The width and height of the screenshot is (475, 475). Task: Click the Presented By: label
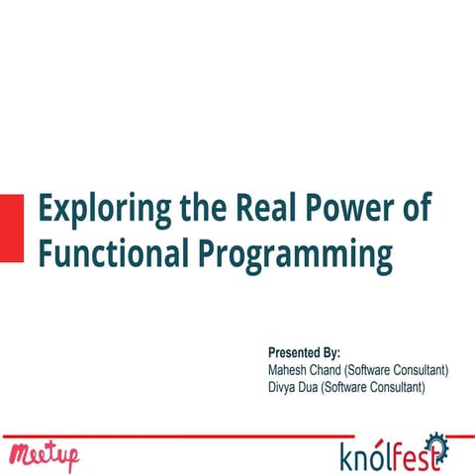[304, 353]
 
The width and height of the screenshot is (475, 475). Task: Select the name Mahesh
[288, 370]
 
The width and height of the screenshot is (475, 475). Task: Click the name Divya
[282, 387]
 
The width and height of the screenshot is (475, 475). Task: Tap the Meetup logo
[44, 456]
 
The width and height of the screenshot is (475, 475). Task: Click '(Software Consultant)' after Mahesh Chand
[398, 370]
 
